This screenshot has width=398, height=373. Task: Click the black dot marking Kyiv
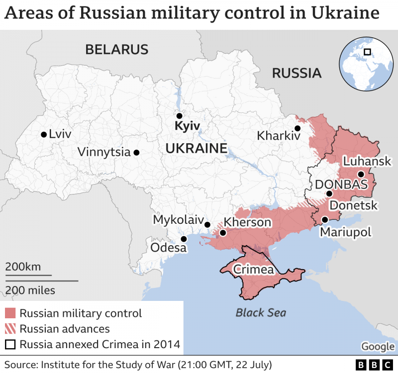(180, 115)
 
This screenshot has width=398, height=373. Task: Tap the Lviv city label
(60, 134)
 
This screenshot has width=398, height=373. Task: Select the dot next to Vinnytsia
(136, 153)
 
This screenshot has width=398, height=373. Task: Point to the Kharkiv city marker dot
(298, 128)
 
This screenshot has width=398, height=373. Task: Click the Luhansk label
(367, 162)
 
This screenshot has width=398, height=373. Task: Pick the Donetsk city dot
(329, 194)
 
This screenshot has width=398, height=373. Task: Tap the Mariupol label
(345, 232)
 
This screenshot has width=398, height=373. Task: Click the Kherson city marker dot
(223, 232)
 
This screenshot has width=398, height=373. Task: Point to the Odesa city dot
(184, 239)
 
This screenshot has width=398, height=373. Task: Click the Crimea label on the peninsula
(254, 270)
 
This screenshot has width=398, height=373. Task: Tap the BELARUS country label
(117, 49)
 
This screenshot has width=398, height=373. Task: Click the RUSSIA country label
(297, 74)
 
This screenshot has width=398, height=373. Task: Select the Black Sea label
(261, 313)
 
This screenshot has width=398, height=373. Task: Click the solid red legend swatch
(10, 313)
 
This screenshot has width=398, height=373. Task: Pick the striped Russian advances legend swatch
(10, 329)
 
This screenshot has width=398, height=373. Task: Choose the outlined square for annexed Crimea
(10, 344)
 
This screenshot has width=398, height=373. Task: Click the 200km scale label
(23, 267)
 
